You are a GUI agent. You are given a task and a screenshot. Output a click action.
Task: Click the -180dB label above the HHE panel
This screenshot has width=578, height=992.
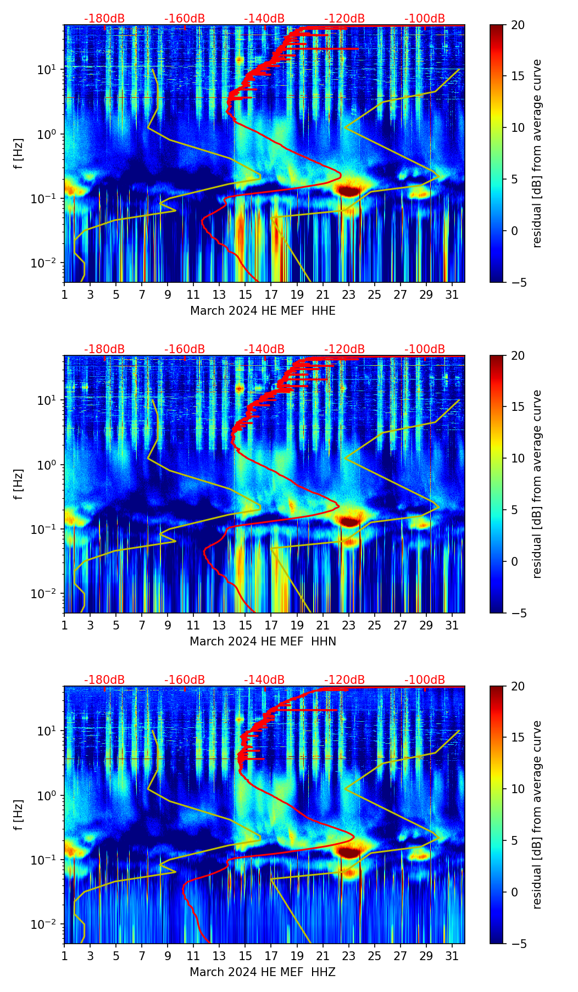click(x=104, y=19)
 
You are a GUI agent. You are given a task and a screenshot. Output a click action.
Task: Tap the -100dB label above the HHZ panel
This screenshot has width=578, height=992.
click(x=425, y=680)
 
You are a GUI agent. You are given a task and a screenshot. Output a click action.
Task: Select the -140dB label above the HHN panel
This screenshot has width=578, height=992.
click(x=264, y=349)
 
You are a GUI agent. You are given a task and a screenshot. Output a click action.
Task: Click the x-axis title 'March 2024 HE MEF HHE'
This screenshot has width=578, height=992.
click(x=263, y=311)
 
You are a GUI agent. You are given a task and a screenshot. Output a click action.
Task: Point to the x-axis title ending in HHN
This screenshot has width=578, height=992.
click(x=263, y=642)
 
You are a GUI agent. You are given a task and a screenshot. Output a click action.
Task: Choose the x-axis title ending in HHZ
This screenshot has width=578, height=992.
click(x=263, y=972)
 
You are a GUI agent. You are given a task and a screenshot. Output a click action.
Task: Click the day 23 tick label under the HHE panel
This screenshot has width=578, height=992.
click(x=349, y=295)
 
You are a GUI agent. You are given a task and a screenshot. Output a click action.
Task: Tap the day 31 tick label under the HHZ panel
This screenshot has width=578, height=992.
click(x=452, y=956)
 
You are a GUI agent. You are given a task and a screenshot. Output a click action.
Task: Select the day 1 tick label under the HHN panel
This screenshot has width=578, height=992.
click(x=64, y=626)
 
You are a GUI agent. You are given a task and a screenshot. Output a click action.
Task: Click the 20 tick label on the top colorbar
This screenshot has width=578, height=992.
click(x=518, y=25)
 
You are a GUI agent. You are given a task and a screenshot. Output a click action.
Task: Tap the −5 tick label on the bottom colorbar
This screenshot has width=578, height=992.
click(x=518, y=944)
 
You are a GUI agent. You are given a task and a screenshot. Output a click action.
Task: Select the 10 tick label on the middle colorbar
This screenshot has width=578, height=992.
click(x=518, y=458)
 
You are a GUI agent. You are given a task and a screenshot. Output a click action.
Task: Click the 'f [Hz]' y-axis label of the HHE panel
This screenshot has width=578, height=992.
click(x=19, y=154)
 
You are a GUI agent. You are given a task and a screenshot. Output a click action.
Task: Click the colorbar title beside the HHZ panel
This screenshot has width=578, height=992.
click(x=537, y=815)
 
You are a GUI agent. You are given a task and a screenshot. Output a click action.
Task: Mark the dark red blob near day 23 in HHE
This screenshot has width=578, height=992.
click(x=349, y=191)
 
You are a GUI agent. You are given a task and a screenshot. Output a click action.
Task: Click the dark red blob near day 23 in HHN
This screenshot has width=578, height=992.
click(x=349, y=521)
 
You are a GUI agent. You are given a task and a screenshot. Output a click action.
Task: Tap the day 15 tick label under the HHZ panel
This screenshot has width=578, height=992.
click(x=246, y=956)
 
